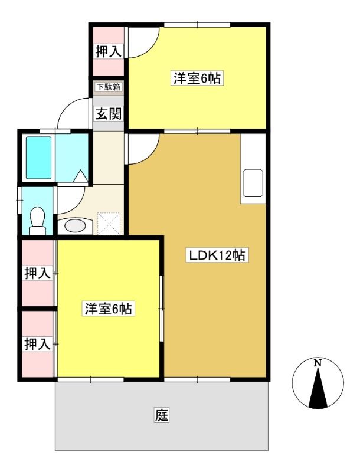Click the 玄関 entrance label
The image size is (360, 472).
[x=109, y=114]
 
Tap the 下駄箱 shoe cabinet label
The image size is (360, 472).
[x=109, y=87]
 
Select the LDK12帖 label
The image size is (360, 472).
[x=217, y=255]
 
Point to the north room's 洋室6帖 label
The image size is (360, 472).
[x=197, y=78]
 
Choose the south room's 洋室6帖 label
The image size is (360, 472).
[x=109, y=309]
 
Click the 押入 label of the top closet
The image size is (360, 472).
[x=109, y=51]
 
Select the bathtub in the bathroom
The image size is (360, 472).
[x=38, y=158]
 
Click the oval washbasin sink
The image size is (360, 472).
[x=75, y=225]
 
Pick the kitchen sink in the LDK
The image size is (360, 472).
[x=253, y=183]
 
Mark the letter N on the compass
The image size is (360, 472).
[x=318, y=363]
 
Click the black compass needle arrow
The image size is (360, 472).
[x=318, y=388]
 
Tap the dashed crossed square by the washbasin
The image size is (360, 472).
[x=109, y=224]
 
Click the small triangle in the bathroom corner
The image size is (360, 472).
[x=80, y=176]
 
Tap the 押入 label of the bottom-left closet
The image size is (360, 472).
[x=37, y=344]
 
